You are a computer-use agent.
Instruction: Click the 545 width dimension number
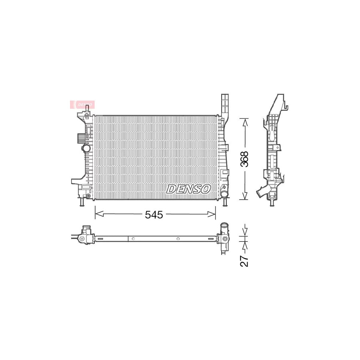[154, 215]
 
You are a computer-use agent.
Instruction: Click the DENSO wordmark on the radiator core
[188, 189]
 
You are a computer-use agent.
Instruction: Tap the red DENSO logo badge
[83, 104]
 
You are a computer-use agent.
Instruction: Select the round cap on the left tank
[86, 148]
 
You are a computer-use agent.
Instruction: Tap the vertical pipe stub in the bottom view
[224, 228]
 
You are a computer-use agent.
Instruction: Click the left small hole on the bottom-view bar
[133, 239]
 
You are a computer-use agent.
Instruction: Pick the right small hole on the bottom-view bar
[178, 239]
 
